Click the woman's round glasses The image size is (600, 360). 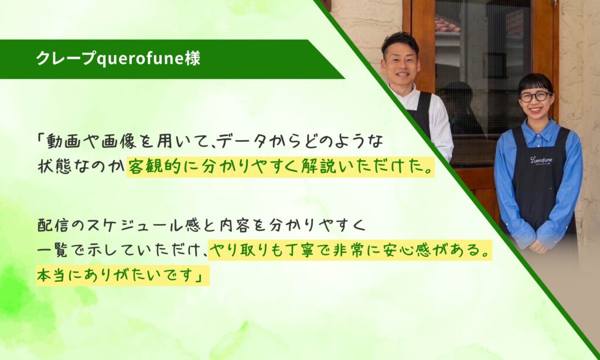pos(536,97)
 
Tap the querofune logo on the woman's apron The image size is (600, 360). pos(541,159)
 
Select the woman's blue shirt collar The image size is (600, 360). pos(536,128)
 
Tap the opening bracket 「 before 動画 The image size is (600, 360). pos(41,140)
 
